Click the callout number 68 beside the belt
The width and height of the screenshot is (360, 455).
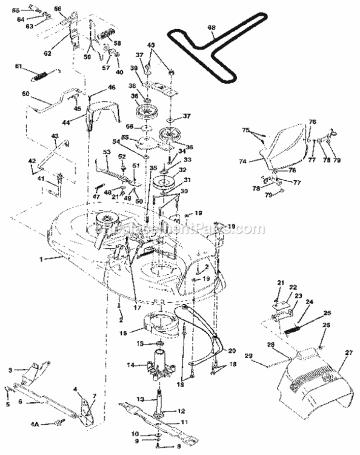(211, 27)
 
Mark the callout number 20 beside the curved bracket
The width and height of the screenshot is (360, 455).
(231, 351)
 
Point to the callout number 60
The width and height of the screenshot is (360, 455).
(25, 94)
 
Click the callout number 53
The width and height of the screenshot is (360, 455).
(107, 151)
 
